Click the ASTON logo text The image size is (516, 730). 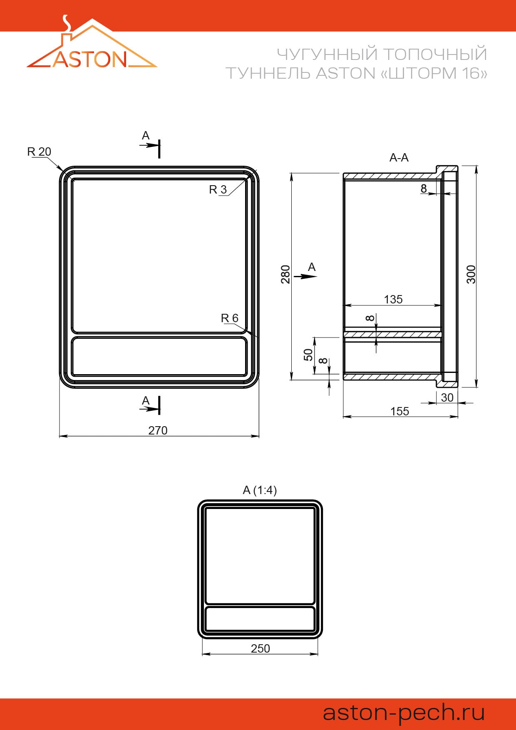coord(89,59)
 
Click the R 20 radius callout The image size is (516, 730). coord(39,151)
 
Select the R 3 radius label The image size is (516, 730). coord(218,190)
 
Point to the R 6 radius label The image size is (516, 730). coord(230,318)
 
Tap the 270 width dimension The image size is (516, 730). coord(158,430)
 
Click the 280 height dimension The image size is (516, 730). coord(285,274)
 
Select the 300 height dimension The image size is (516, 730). coord(471,274)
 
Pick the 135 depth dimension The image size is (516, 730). coord(393,299)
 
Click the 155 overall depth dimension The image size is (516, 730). coord(399,411)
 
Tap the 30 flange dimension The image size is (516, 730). coord(447,397)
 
